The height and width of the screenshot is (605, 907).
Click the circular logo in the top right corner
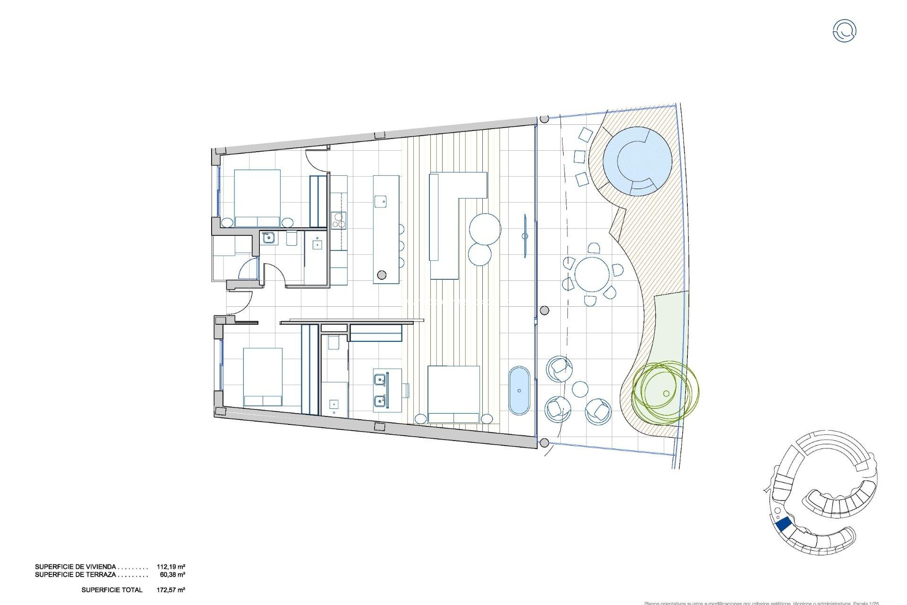pyautogui.click(x=844, y=31)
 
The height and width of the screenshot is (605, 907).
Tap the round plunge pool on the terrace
pyautogui.click(x=637, y=161)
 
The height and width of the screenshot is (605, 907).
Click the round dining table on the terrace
pyautogui.click(x=592, y=274)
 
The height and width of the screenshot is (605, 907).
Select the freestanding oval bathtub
pyautogui.click(x=519, y=390)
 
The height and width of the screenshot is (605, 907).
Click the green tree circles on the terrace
pyautogui.click(x=665, y=392)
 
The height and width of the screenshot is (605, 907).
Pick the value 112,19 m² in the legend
pyautogui.click(x=171, y=567)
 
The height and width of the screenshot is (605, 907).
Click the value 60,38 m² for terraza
pyautogui.click(x=172, y=575)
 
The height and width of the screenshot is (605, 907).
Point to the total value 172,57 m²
pyautogui.click(x=171, y=590)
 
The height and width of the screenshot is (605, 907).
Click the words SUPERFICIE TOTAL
pyautogui.click(x=112, y=590)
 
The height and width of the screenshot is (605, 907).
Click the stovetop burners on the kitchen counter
pyautogui.click(x=338, y=220)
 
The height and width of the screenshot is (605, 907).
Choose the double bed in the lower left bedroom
pyautogui.click(x=263, y=377)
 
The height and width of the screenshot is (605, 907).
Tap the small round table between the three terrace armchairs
pyautogui.click(x=580, y=390)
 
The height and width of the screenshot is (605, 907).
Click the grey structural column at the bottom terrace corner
pyautogui.click(x=544, y=443)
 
